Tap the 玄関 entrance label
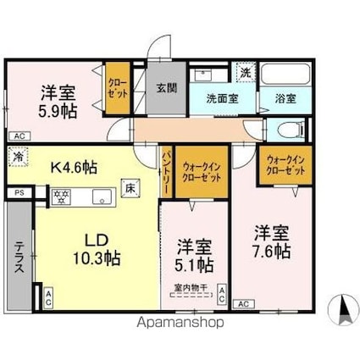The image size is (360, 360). pos(165,87)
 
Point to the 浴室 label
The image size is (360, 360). pos(285,98)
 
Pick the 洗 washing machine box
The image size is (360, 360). pos(243,74)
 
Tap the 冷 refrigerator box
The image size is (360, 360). pos(18,158)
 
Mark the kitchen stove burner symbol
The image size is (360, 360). pos(61,196)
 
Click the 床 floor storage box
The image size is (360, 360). pos(130,189)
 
